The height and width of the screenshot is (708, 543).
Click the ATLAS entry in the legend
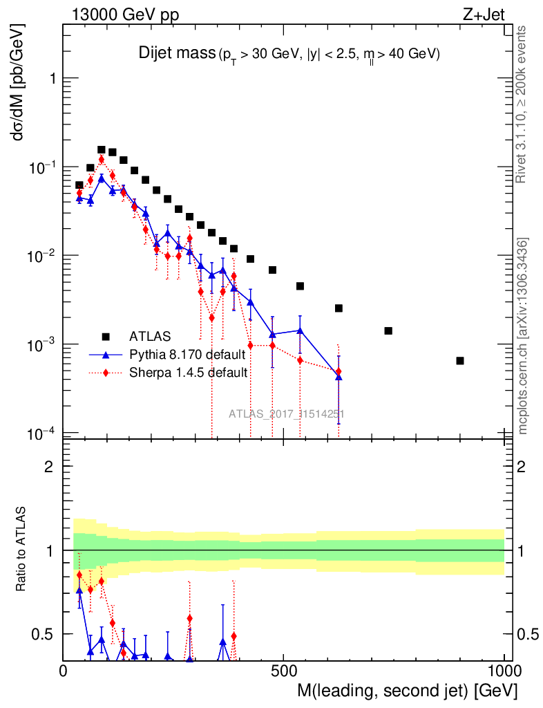click(x=148, y=337)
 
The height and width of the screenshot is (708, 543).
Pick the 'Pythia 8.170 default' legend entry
click(x=187, y=355)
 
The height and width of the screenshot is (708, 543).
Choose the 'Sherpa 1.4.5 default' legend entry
click(x=189, y=373)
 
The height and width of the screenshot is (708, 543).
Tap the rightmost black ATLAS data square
click(x=460, y=361)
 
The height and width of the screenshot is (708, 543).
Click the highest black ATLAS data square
click(x=101, y=149)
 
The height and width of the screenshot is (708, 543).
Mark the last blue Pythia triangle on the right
click(x=339, y=377)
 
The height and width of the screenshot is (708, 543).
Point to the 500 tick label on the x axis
click(x=284, y=671)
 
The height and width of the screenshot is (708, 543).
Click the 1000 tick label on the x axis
click(x=504, y=671)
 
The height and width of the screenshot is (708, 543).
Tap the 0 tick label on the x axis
click(x=64, y=671)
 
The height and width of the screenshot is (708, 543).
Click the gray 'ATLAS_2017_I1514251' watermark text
click(x=287, y=414)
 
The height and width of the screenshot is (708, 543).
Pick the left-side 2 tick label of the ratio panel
click(x=49, y=467)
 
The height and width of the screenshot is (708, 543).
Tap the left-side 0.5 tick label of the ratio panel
click(x=43, y=634)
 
